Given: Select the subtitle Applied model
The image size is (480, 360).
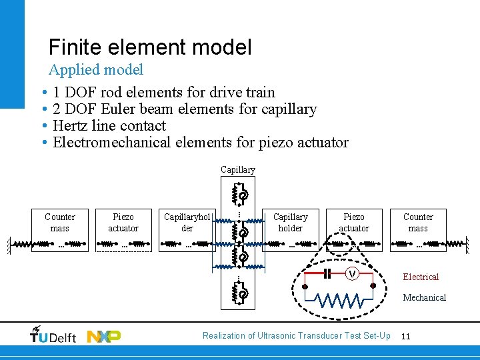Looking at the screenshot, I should coord(96,69).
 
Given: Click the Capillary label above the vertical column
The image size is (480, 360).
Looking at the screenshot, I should coord(238,170).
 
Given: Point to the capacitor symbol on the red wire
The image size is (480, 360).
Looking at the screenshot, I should coord(327,274).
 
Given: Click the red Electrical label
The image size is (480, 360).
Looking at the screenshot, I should coord(421,277).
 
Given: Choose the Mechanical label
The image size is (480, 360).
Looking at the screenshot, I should coord(424,297).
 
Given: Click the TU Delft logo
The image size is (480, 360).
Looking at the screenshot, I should coord(53,336).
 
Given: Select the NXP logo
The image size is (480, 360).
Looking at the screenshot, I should coord(104,336).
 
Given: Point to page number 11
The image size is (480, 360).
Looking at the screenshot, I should coord(405,336).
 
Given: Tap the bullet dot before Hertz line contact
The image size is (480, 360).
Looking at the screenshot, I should coord(43,126).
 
